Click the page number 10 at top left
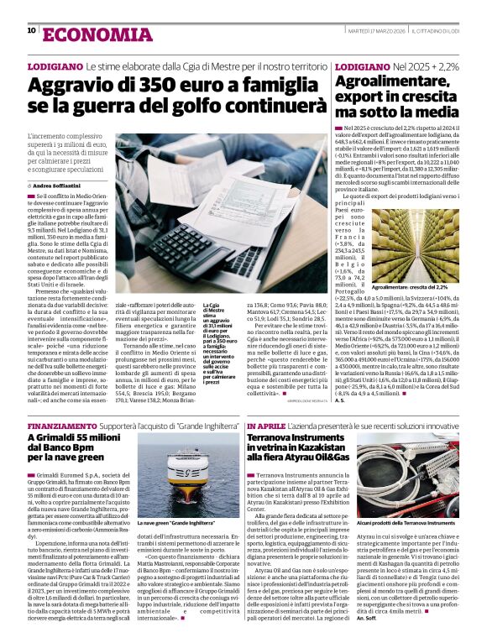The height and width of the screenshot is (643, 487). [31, 30]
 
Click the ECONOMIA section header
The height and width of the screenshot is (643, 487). [83, 32]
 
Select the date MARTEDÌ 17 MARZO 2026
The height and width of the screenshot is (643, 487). [373, 30]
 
